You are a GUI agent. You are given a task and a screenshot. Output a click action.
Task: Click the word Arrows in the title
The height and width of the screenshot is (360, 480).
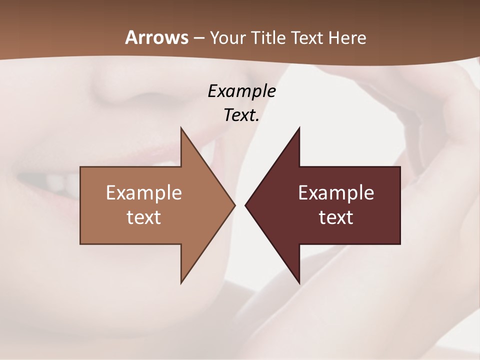[156, 37]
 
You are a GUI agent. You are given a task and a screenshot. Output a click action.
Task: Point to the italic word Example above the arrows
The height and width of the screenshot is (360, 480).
[241, 91]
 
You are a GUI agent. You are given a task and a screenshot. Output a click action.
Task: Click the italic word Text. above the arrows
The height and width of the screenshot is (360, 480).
[241, 115]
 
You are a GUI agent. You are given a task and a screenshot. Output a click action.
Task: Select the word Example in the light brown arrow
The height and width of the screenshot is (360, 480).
[144, 192]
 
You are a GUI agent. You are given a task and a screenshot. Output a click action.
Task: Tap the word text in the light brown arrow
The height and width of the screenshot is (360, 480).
[144, 217]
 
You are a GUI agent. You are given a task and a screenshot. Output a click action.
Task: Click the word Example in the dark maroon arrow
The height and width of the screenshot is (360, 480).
[336, 192]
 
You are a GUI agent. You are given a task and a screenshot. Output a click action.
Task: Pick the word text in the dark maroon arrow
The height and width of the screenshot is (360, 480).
[336, 217]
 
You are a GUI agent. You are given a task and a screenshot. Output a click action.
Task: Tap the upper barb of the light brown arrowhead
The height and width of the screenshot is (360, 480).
[182, 131]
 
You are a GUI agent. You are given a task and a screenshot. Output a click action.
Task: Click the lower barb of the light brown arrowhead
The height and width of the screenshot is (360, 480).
[182, 280]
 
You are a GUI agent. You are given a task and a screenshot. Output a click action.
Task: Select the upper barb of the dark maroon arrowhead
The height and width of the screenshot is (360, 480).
[298, 131]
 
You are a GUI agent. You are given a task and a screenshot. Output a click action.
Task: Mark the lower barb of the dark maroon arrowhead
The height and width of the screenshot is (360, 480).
[298, 280]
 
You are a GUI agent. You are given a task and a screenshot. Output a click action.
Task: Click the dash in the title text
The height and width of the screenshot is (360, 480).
[198, 38]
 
